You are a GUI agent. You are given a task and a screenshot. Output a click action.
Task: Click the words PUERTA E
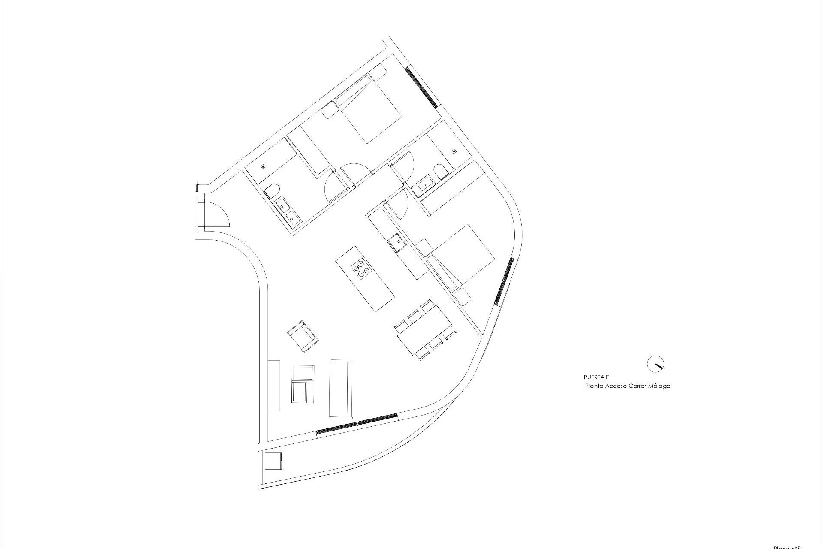(596, 377)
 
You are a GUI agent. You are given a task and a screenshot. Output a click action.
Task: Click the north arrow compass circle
(655, 364)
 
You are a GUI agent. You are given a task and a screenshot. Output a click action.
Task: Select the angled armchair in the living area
(303, 336)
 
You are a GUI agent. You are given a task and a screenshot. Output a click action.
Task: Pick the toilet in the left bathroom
(271, 190)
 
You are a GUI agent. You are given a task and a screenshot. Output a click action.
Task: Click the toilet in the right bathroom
(440, 172)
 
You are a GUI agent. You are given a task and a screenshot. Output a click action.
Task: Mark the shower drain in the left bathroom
(264, 166)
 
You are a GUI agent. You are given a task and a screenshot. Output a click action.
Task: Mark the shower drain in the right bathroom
(454, 151)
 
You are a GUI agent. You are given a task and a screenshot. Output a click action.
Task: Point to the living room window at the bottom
(357, 424)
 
